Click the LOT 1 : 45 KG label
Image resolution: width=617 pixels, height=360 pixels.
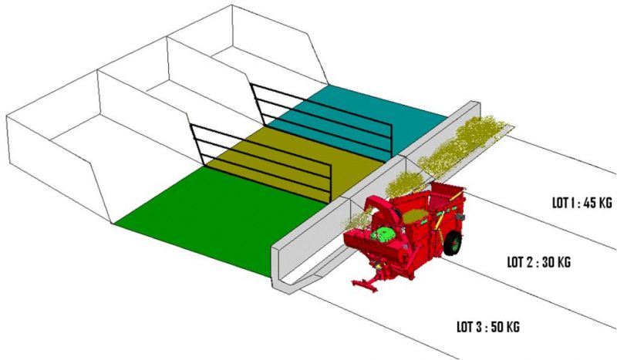(582, 203)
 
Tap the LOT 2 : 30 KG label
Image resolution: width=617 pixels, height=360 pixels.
(538, 262)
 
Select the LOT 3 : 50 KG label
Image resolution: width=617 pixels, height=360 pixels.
(488, 327)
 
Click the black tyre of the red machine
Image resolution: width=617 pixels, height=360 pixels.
(453, 243)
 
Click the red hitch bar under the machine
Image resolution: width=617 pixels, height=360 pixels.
(366, 282)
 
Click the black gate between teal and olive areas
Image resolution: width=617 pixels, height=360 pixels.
(321, 120)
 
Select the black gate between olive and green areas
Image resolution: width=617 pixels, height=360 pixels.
(260, 161)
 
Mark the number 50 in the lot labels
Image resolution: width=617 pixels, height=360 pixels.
(498, 327)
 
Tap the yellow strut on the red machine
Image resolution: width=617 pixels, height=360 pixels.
(456, 193)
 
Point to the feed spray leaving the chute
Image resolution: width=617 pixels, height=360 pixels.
(356, 221)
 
